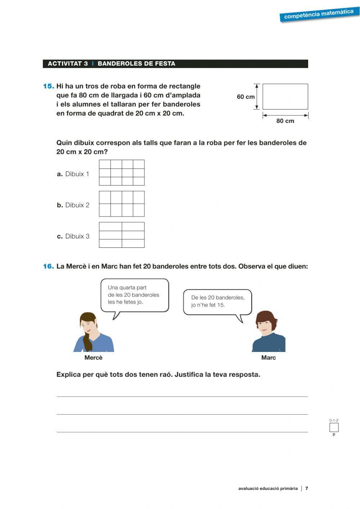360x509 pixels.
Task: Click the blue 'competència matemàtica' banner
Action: point(319,14)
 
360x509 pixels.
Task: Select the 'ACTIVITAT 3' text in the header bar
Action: point(68,64)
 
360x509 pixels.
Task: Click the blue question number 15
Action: point(49,86)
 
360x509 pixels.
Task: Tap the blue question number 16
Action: point(49,267)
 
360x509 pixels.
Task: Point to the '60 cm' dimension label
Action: point(246,97)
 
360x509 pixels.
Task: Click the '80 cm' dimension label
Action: point(285,121)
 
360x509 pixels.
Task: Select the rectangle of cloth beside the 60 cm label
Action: point(285,97)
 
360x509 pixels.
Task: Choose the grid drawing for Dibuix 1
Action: point(122,173)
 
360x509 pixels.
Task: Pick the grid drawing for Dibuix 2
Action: point(122,204)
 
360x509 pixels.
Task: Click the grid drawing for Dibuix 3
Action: point(122,235)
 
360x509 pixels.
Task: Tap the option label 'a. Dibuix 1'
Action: point(73,174)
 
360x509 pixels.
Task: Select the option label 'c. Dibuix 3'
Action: point(73,236)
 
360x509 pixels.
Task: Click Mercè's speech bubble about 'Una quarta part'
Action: point(134,295)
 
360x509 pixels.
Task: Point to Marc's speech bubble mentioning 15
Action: point(217,302)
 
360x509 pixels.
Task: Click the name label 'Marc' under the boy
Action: point(269,358)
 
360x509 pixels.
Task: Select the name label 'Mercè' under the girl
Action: point(94,358)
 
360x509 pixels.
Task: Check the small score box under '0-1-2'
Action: point(334,428)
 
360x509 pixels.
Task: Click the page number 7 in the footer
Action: point(307,488)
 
